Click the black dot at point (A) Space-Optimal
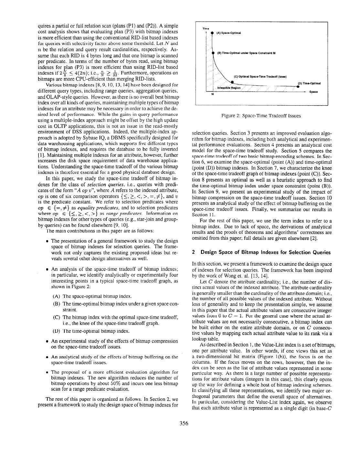click(x=212, y=33)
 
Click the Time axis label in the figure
click(x=205, y=29)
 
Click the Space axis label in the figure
click(x=313, y=92)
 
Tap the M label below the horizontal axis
click(x=212, y=94)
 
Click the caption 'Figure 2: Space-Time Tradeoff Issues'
click(x=261, y=116)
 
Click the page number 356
click(x=184, y=424)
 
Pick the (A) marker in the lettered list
click(x=56, y=296)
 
